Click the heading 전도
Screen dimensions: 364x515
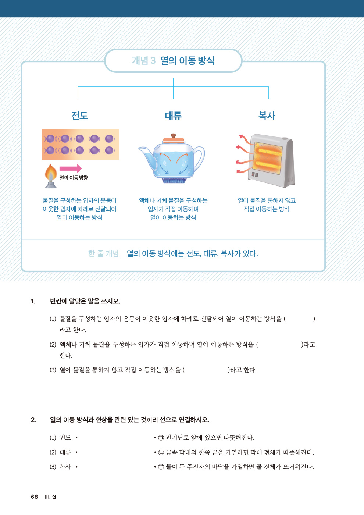tap(79, 116)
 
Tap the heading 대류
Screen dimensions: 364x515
tap(173, 116)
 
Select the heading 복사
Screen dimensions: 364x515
tap(267, 116)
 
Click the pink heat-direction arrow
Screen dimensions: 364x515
tap(71, 168)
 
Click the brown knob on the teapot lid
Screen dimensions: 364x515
tap(174, 136)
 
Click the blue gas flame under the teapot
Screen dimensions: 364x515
tap(173, 181)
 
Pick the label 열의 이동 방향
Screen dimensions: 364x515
tap(74, 178)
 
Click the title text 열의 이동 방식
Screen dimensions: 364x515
tap(187, 61)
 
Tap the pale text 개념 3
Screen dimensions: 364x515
tap(144, 61)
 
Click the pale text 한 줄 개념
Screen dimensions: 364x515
tap(103, 253)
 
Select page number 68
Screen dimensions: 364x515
tap(34, 497)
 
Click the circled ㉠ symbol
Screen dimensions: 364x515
tap(161, 438)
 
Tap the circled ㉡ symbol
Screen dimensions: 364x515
tap(161, 452)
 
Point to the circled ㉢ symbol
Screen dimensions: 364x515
tap(161, 467)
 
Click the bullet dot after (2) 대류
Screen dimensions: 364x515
tap(76, 452)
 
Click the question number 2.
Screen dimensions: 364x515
tap(33, 420)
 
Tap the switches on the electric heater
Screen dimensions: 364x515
tap(255, 174)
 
